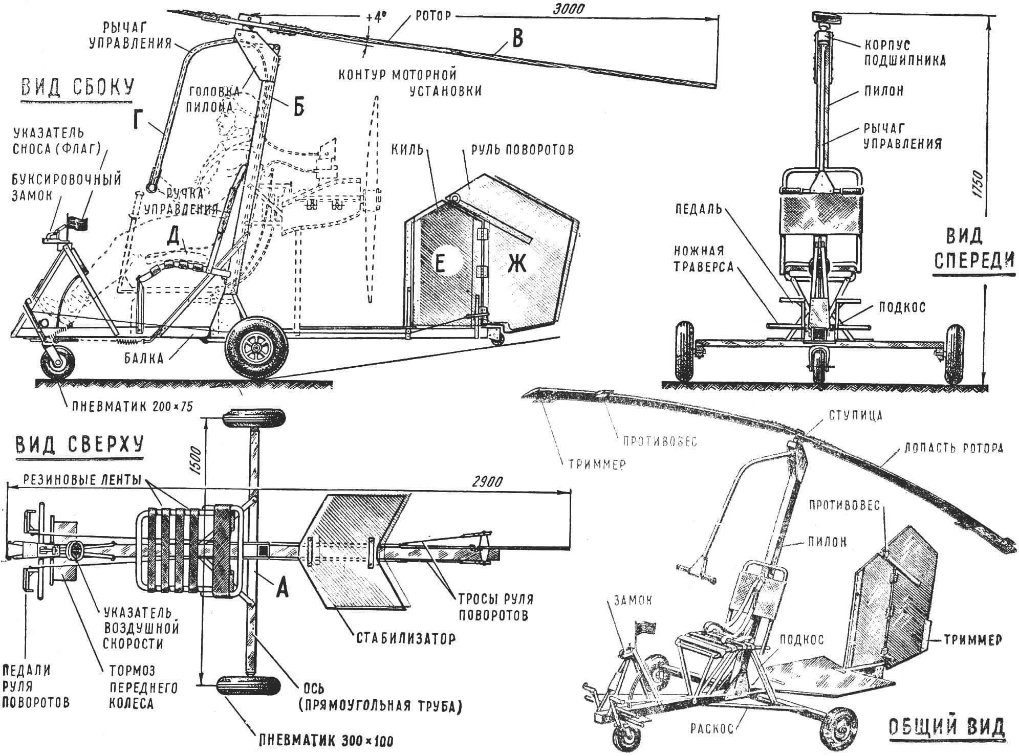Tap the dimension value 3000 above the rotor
(569, 9)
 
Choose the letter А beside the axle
(281, 590)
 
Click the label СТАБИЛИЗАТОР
(405, 638)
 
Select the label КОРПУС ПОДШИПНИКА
(904, 53)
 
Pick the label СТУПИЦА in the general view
(853, 415)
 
